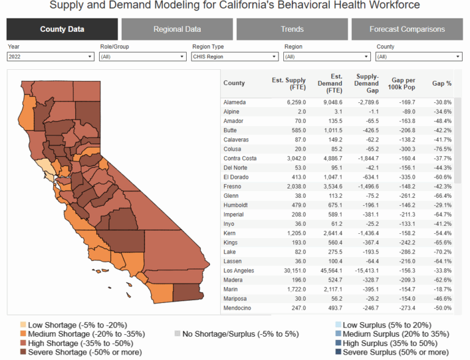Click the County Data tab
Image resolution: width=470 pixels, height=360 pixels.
click(62, 29)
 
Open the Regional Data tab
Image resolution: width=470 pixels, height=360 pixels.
click(177, 29)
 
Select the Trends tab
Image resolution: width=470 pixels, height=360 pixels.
click(292, 29)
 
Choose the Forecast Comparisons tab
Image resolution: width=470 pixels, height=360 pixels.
click(407, 29)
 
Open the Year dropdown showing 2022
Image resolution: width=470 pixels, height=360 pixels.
click(50, 56)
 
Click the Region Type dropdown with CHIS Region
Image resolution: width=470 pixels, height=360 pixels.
click(234, 56)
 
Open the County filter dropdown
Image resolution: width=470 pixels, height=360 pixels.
click(419, 56)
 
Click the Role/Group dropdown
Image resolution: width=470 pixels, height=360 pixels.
click(142, 56)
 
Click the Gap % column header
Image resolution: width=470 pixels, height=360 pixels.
click(441, 83)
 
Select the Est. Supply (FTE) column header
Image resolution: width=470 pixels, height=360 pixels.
click(288, 83)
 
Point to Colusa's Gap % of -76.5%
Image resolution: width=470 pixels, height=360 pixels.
click(441, 149)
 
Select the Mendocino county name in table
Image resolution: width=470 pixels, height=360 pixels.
click(238, 308)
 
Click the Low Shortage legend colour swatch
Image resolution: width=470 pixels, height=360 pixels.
click(23, 324)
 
